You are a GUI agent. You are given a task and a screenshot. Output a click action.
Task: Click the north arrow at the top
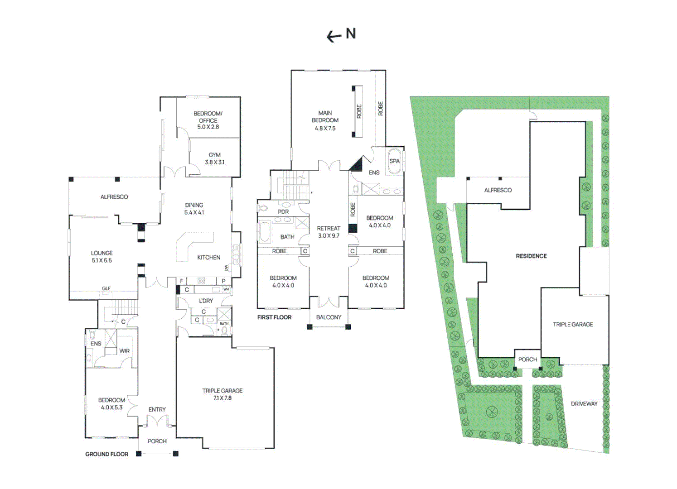coord(334,37)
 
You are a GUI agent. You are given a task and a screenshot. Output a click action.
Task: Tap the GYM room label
coord(215,155)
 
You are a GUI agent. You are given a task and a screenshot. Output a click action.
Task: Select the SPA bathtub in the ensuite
coord(394,161)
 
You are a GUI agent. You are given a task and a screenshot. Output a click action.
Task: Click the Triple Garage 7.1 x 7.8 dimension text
coord(222,398)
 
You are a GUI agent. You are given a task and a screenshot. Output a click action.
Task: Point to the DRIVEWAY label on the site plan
coord(584,404)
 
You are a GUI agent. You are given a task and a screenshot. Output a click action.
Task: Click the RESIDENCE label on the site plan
coord(531,256)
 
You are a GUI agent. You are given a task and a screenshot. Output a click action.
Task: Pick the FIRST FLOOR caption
coord(275,317)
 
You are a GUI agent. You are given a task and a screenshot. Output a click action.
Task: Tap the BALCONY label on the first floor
coord(329,317)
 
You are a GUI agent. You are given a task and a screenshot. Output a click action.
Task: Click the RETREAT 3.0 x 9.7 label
coord(329,232)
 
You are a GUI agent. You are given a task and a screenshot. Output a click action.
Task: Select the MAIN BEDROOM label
coord(325,116)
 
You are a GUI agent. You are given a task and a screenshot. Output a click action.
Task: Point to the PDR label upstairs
coord(283,212)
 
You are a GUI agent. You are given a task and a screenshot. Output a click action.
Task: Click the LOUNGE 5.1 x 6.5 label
coord(102,257)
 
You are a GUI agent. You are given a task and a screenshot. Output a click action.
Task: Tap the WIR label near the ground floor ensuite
coord(125,351)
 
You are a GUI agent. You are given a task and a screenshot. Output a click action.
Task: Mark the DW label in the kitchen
coord(226,268)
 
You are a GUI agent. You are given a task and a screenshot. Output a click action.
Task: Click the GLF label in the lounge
coord(106,288)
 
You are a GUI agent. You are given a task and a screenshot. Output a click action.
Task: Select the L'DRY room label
coord(206,301)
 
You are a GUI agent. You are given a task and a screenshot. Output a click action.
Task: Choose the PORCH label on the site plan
coord(528,360)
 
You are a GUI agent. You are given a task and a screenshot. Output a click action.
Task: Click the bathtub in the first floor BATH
coord(265,232)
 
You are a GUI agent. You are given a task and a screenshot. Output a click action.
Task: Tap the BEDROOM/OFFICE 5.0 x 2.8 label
coord(208,120)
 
